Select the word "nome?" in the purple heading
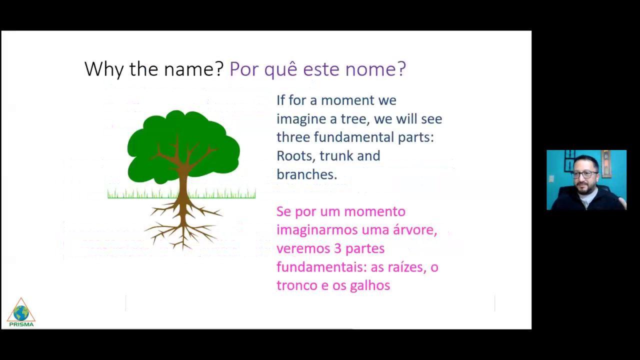tap(375, 68)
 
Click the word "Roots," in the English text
tap(296, 156)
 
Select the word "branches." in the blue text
tap(307, 174)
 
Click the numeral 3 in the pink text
tap(337, 248)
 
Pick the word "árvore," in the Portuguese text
tap(415, 230)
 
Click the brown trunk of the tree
tap(183, 183)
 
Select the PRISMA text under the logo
tap(21, 324)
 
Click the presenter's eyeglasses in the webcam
tap(585, 174)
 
